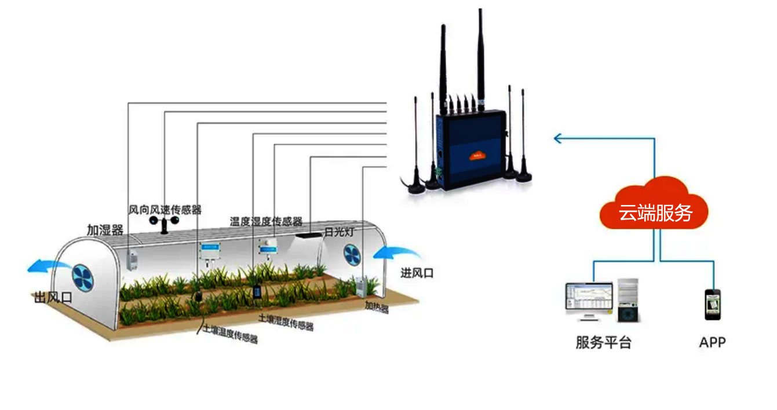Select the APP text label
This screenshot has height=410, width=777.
[712, 342]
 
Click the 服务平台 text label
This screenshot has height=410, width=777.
[603, 342]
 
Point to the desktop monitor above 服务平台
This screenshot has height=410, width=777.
[589, 299]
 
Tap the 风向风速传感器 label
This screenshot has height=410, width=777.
[165, 210]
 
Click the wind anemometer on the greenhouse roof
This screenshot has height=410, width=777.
[165, 223]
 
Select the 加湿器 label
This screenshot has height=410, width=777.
[105, 230]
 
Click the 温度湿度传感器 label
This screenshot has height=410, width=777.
[266, 221]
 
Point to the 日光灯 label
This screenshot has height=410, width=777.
[338, 232]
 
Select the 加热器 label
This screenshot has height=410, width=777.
[377, 306]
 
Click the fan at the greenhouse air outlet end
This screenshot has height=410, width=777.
[82, 277]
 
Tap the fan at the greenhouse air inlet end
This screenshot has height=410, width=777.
[352, 254]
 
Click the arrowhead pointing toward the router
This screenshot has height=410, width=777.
[557, 138]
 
